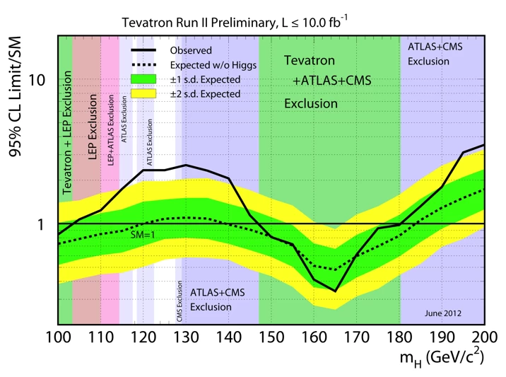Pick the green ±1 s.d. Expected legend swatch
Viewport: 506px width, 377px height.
point(148,79)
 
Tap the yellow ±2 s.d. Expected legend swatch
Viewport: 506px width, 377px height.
point(148,93)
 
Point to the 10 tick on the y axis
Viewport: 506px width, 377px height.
point(36,80)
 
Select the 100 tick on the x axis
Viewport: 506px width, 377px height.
point(59,337)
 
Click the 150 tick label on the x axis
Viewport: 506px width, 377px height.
point(271,337)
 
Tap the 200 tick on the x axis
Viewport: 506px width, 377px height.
point(483,337)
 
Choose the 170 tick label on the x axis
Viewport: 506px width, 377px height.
point(356,337)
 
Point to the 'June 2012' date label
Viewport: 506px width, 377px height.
point(443,312)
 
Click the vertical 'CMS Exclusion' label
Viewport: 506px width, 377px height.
point(180,301)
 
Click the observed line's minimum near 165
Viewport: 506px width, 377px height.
point(335,291)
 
